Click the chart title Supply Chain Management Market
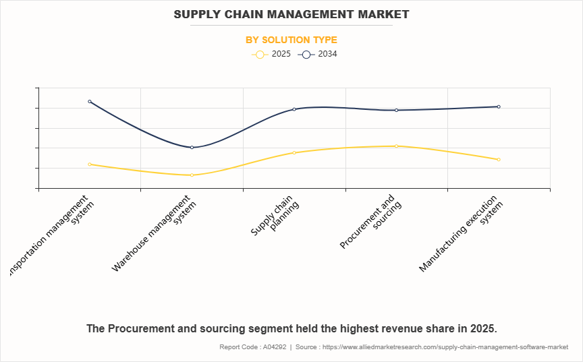pos(291,13)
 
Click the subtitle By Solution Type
pos(291,40)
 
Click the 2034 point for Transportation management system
pos(90,102)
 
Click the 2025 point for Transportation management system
pos(90,164)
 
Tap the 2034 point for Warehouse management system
pos(192,148)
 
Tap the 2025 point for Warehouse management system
pos(192,175)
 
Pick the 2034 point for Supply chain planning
pos(294,109)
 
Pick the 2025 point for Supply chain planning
pos(294,153)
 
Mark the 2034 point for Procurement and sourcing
pos(397,110)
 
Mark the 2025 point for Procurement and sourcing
pos(397,146)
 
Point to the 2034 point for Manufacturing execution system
pos(499,107)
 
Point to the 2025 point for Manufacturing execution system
pos(499,160)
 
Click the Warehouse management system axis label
pos(155,233)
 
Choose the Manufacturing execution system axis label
pos(462,233)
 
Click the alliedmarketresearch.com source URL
pos(446,347)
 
